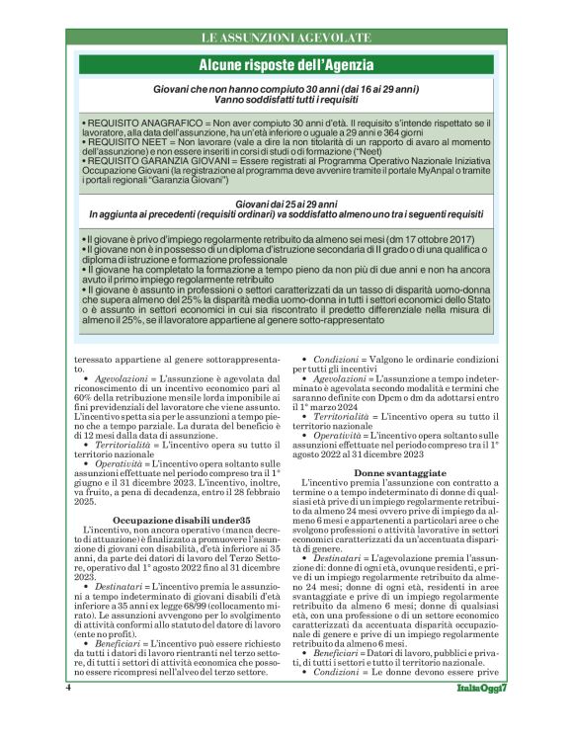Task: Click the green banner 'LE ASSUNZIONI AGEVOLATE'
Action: tap(286, 38)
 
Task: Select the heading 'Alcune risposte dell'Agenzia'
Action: tap(286, 65)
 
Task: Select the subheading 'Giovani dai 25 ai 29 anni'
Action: tap(286, 204)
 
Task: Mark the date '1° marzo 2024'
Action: tap(336, 406)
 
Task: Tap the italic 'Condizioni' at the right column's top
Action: tap(338, 359)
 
